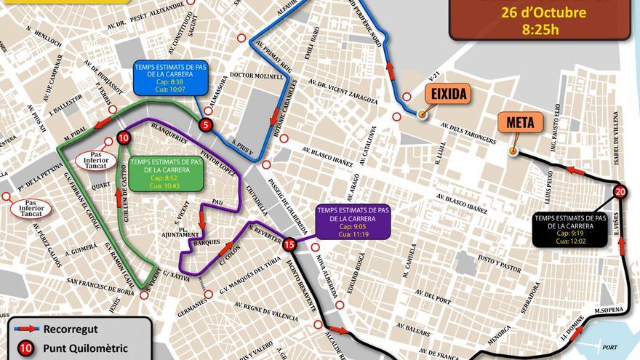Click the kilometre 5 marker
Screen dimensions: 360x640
click(x=207, y=124)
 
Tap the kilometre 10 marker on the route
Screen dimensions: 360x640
click(x=124, y=137)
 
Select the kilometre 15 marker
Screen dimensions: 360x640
click(x=289, y=244)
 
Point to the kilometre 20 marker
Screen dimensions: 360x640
click(x=620, y=192)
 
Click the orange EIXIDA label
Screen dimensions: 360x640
click(x=447, y=93)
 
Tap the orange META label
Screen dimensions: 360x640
click(x=521, y=123)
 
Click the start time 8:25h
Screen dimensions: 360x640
click(x=540, y=30)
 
